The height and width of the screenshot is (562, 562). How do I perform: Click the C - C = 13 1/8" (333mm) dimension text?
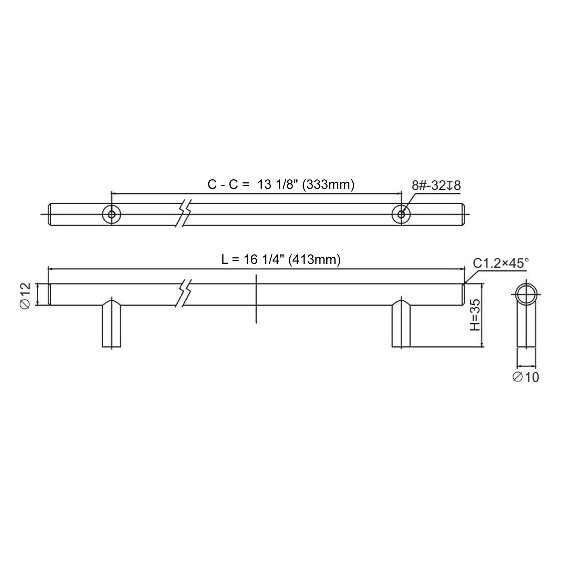(281, 185)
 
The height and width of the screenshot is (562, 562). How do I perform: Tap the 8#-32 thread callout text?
(436, 186)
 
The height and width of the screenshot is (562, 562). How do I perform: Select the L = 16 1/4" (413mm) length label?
(281, 259)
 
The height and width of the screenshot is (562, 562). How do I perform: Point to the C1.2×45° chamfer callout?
(501, 263)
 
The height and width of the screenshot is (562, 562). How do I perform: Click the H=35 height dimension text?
(474, 315)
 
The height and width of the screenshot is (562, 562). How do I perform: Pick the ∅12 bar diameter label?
(25, 295)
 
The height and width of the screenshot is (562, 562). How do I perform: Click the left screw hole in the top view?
(112, 214)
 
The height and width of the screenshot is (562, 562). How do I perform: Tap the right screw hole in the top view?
(401, 214)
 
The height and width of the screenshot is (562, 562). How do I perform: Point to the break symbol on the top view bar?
(184, 214)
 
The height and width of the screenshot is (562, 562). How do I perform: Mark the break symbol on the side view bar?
(184, 295)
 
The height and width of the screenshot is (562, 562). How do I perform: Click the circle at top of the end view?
(526, 294)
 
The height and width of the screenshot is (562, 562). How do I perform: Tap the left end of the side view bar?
(49, 294)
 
